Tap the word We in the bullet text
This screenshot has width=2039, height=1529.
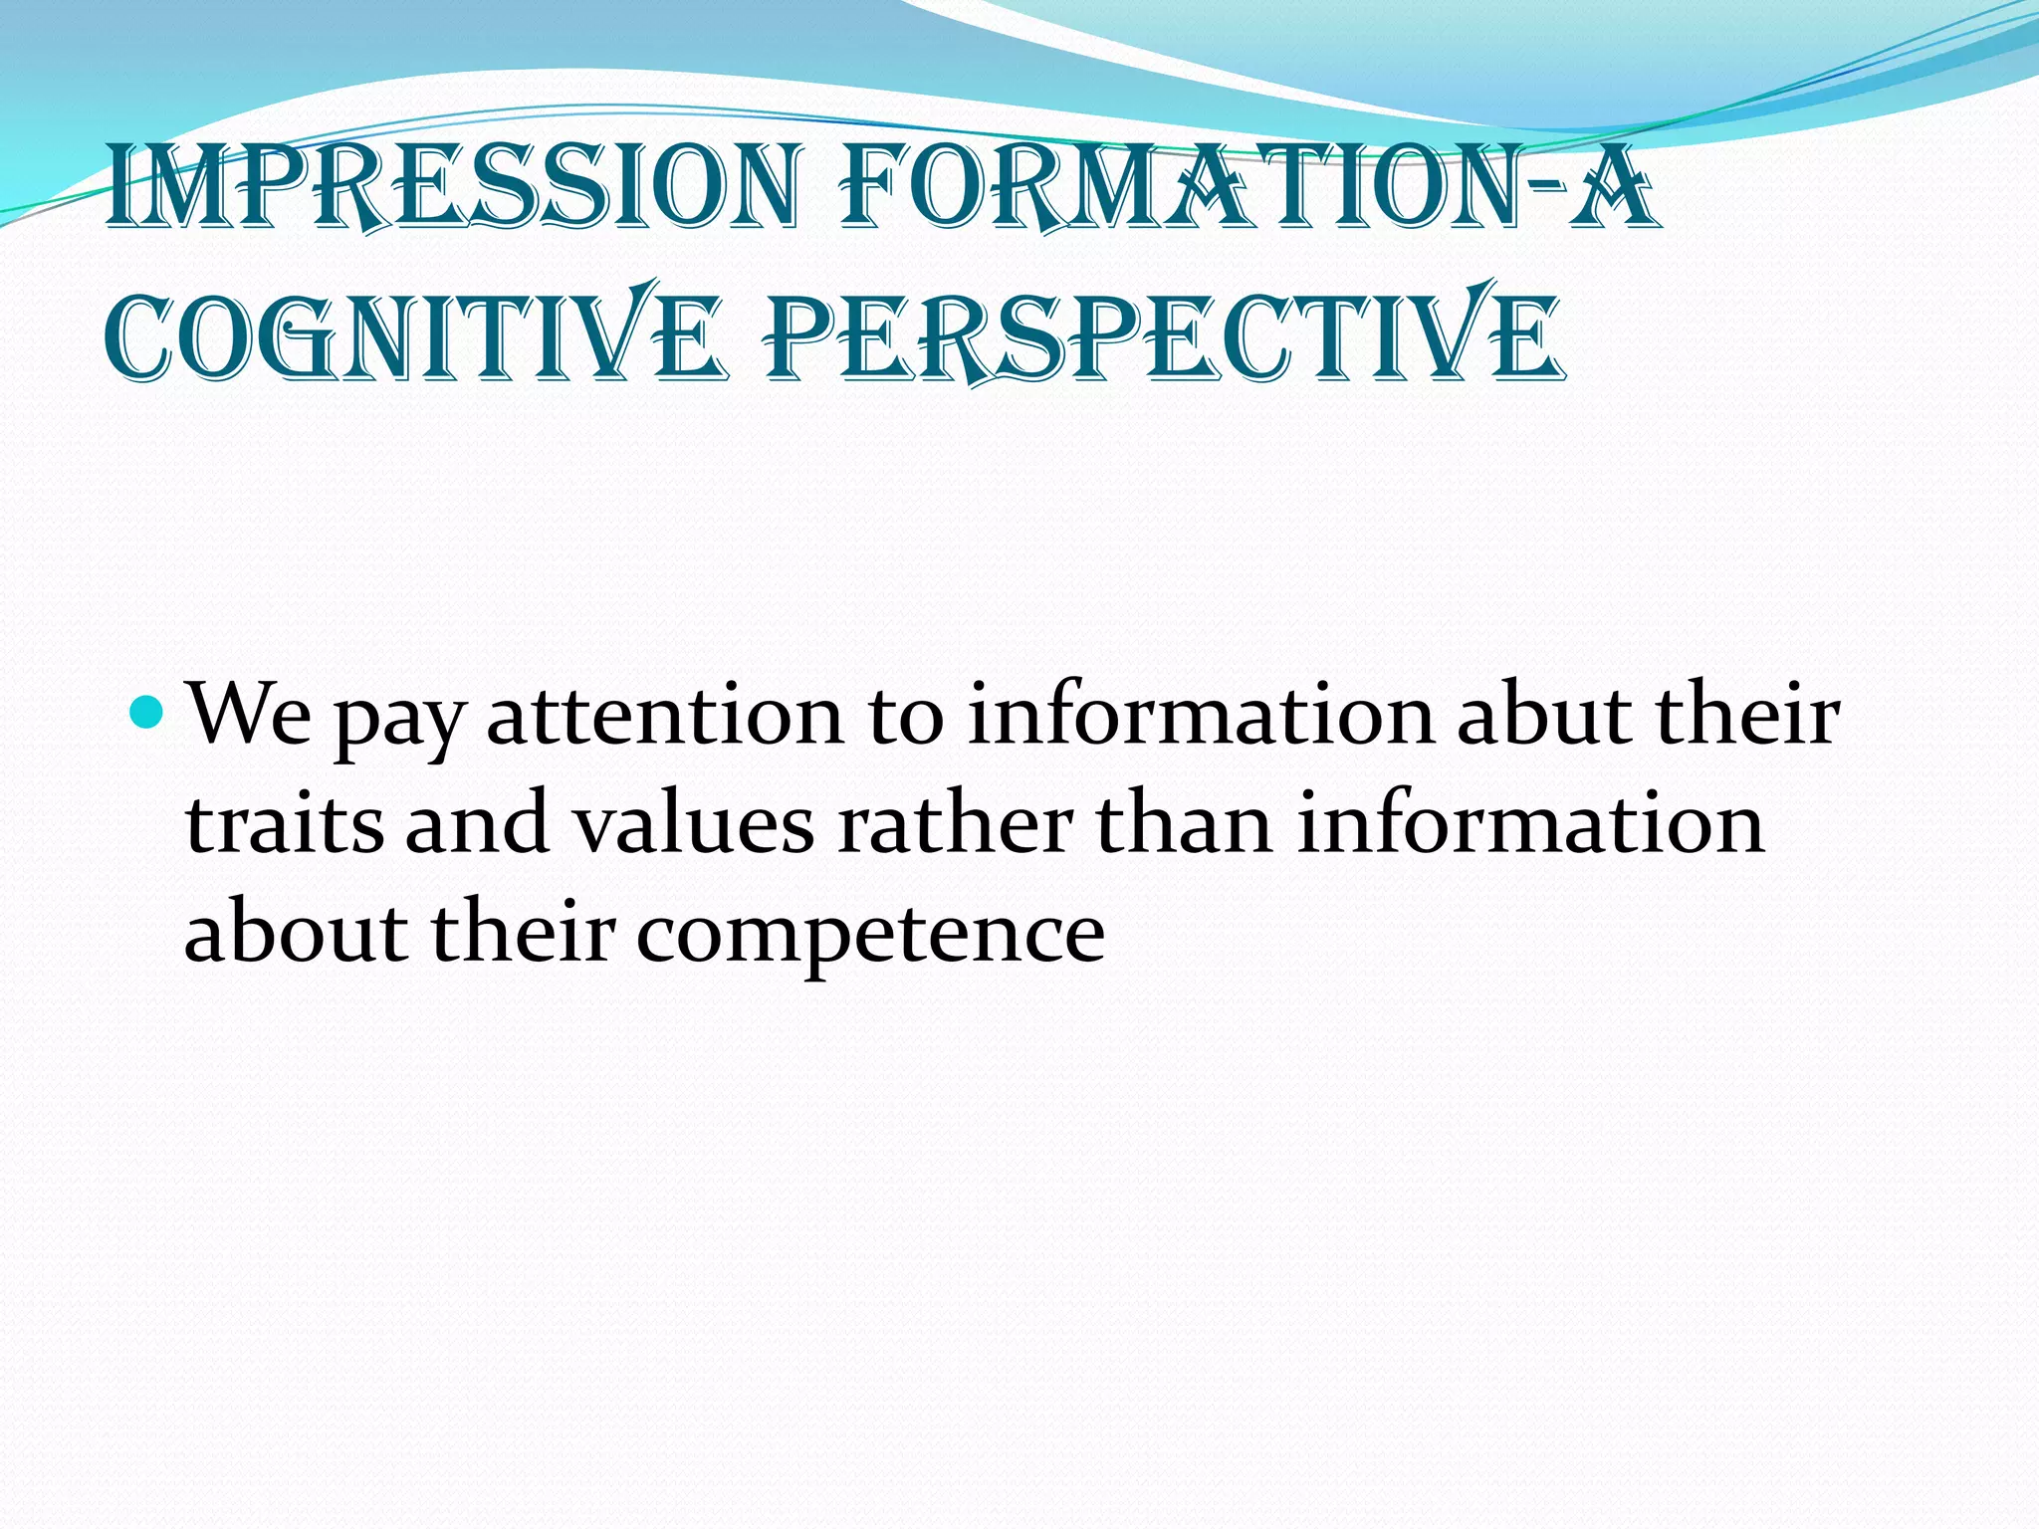pos(250,715)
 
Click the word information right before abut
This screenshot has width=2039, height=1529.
pos(1200,715)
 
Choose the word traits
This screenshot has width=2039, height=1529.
pos(285,824)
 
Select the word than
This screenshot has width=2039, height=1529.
pos(1184,824)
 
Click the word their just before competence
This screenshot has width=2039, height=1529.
pos(522,934)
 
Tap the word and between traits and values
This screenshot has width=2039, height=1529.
pos(477,824)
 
